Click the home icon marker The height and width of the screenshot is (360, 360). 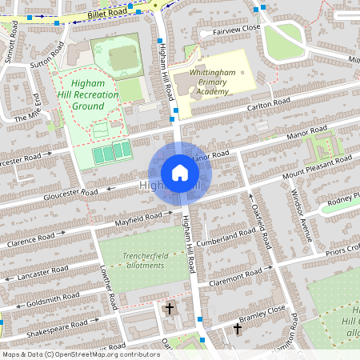[x=180, y=173]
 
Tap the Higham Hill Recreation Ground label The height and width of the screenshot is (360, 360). [x=89, y=94]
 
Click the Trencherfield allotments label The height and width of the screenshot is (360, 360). [x=134, y=261]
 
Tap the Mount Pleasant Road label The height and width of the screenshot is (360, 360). [x=316, y=166]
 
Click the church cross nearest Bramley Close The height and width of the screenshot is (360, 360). [x=238, y=328]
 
